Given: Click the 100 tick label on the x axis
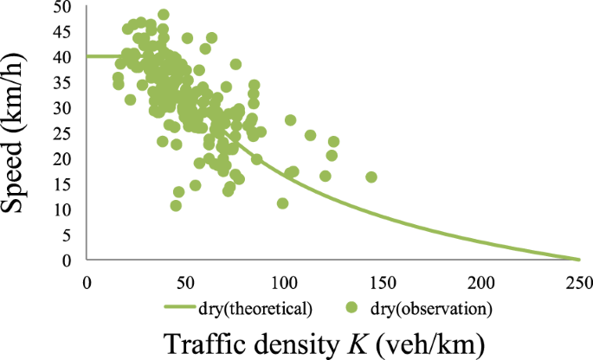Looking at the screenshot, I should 285,282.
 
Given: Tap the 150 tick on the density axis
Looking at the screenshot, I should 383,282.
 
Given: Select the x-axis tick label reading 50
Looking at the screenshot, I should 185,282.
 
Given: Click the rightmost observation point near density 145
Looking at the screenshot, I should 371,177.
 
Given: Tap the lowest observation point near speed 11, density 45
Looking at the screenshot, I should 176,206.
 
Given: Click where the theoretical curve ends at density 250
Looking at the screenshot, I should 578,259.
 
